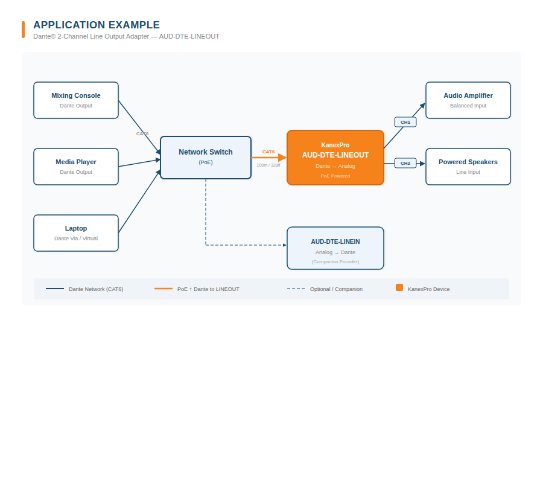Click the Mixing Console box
pos(76,100)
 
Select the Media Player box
pos(76,167)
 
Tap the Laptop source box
pos(76,233)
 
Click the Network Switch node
pos(206,158)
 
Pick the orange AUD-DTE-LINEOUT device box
pos(335,158)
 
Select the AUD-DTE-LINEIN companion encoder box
pos(335,248)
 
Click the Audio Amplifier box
pos(468,100)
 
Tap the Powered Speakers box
pos(468,167)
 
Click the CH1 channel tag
pos(405,122)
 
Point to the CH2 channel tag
pos(405,163)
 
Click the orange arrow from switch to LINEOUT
pos(268,158)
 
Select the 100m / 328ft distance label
pos(268,165)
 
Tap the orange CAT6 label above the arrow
pos(268,152)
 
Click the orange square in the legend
pos(399,287)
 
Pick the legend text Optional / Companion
pos(336,289)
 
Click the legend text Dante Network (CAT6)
pos(96,289)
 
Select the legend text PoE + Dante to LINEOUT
pos(208,289)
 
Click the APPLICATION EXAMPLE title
pos(97,25)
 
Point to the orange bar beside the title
pos(24,30)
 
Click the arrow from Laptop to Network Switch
pos(139,202)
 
